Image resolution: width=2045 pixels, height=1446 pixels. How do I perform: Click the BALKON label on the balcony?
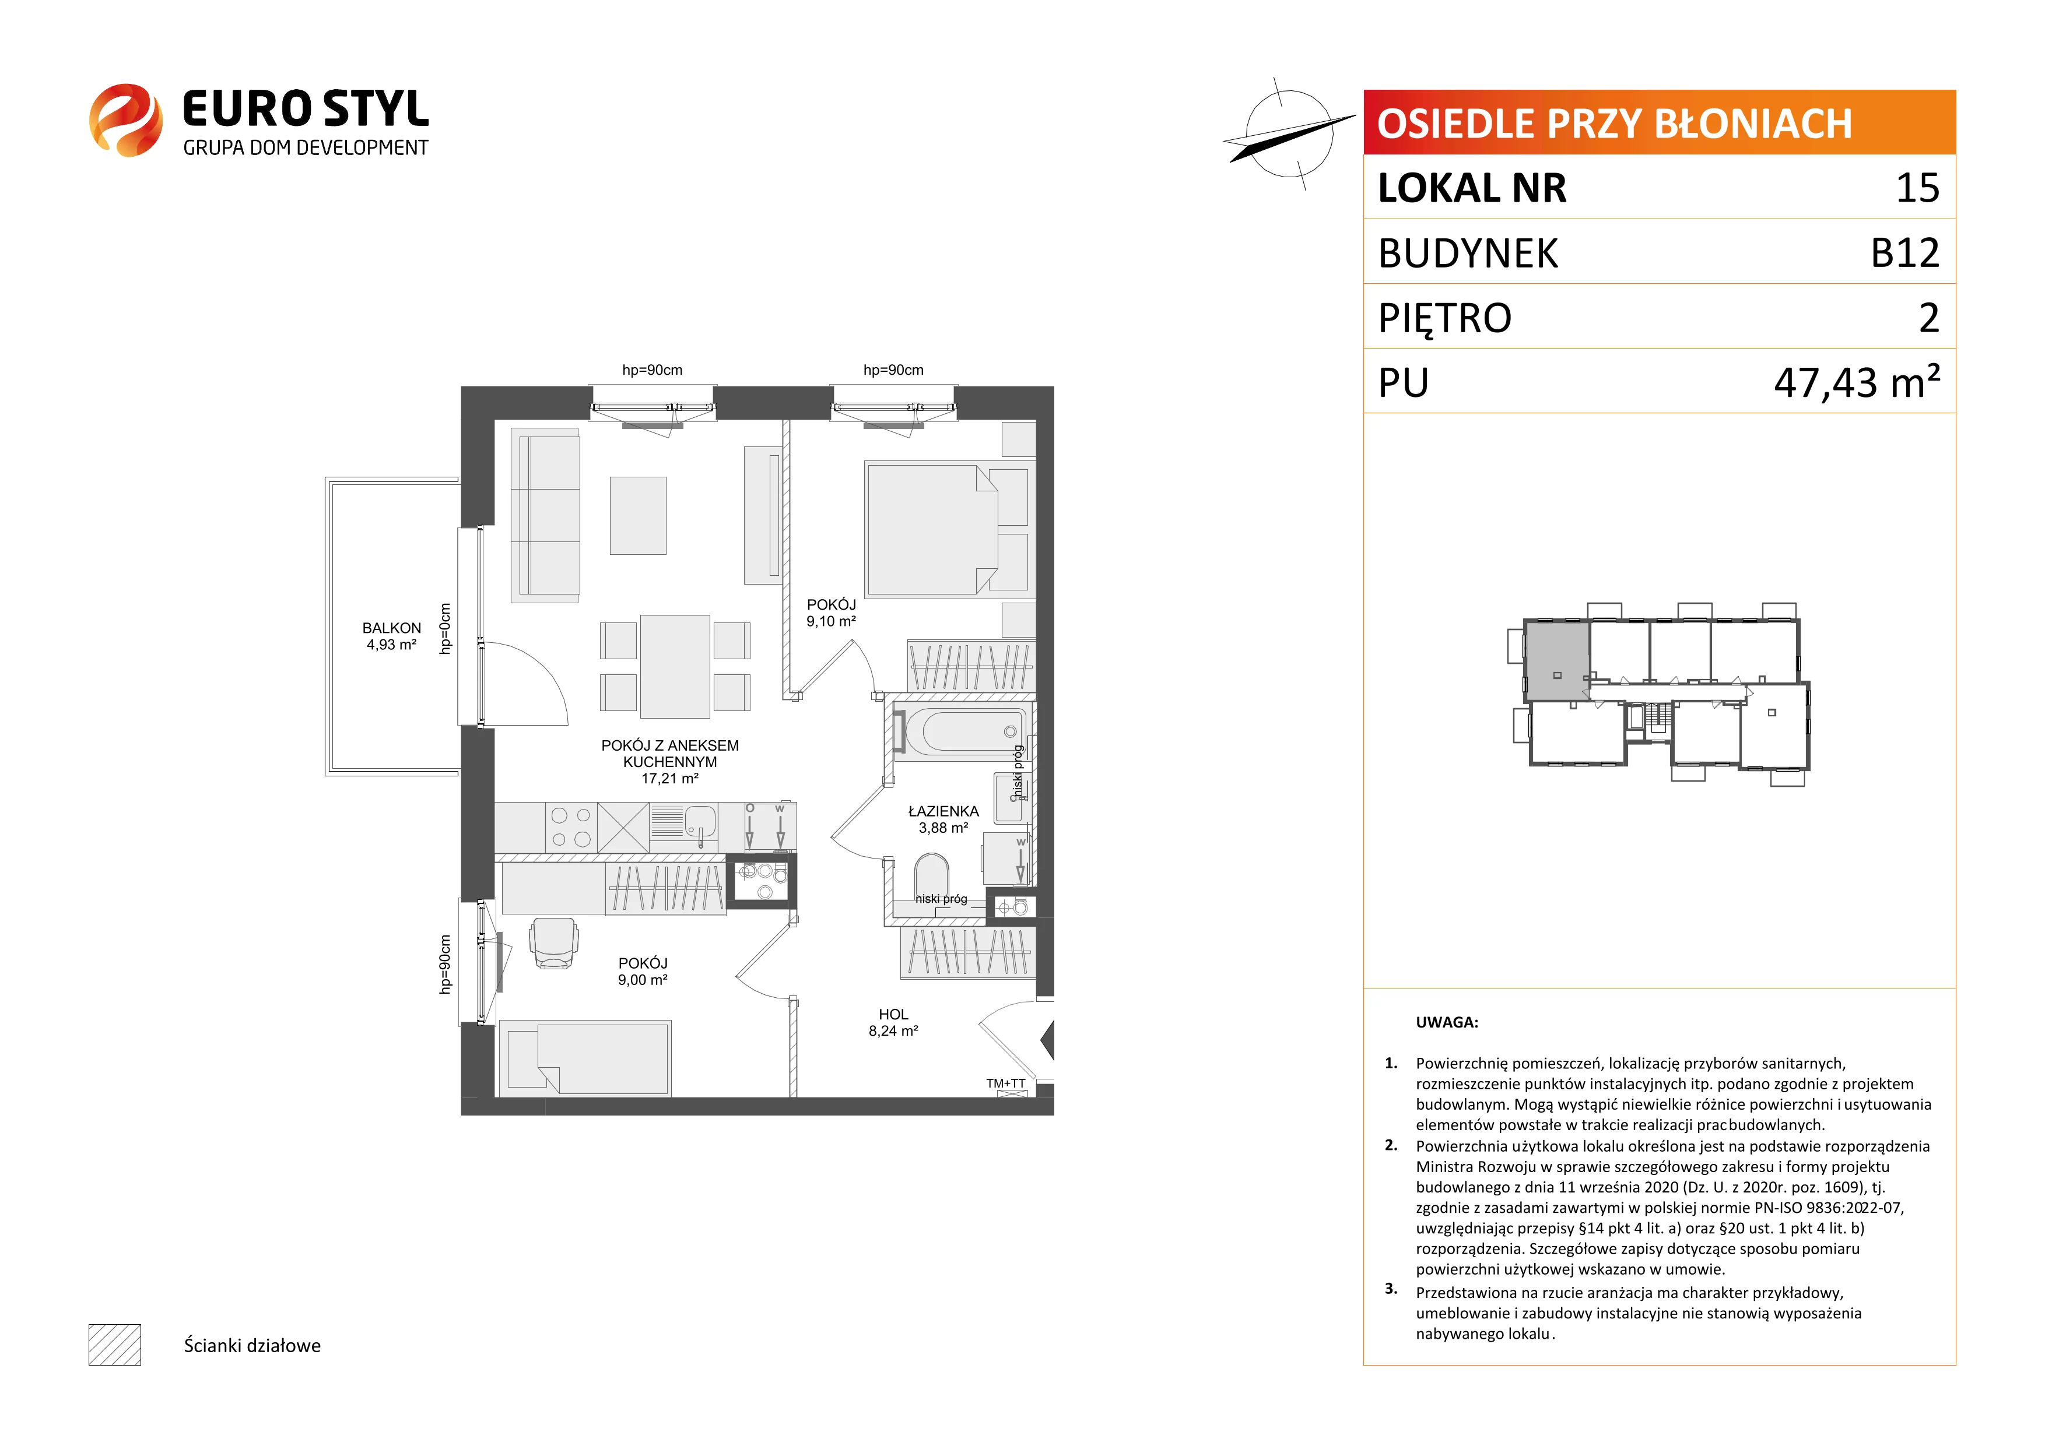tap(391, 628)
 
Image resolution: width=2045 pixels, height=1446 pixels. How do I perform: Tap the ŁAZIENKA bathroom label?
tap(943, 811)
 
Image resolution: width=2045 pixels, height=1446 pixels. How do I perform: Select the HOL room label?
tap(893, 1014)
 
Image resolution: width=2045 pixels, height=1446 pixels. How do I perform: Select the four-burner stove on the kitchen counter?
tap(571, 827)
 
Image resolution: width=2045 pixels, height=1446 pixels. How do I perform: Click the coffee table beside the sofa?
tap(638, 516)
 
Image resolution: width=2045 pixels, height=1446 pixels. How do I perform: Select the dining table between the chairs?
tap(675, 666)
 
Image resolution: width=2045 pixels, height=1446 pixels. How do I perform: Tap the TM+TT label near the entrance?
tap(1005, 1083)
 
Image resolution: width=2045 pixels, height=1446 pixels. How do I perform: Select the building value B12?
tap(1904, 253)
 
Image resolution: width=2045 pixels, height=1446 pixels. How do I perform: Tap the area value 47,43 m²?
tap(1857, 381)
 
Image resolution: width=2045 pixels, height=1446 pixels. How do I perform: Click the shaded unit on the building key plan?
tap(1557, 661)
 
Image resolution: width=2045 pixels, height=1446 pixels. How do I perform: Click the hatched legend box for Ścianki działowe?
tap(115, 1345)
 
